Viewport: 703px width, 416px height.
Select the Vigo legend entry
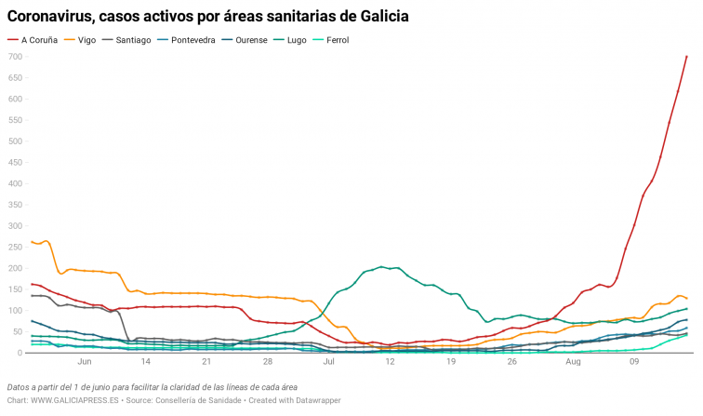click(x=86, y=40)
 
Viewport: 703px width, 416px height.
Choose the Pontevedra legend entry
click(x=196, y=40)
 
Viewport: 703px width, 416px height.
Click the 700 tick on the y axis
click(x=14, y=57)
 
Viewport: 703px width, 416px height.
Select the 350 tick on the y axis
click(x=14, y=205)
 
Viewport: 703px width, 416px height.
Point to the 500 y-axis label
click(x=14, y=141)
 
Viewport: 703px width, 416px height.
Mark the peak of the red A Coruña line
click(x=686, y=57)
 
